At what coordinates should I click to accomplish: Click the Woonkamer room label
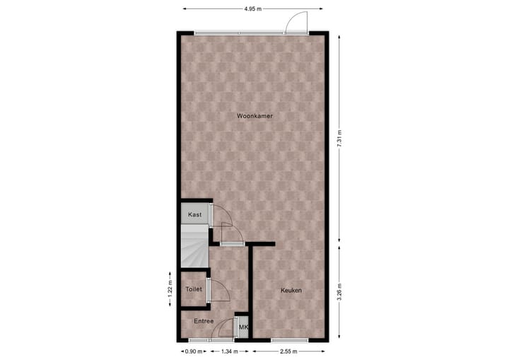[255, 115]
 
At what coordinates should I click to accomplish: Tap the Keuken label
[291, 291]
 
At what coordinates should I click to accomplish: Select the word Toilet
[193, 289]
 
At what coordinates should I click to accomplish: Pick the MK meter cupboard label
[243, 327]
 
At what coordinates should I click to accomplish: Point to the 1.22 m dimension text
[170, 291]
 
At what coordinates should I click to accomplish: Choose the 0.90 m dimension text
[195, 351]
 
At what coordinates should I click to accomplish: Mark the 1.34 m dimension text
[228, 351]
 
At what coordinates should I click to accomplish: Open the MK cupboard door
[237, 327]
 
